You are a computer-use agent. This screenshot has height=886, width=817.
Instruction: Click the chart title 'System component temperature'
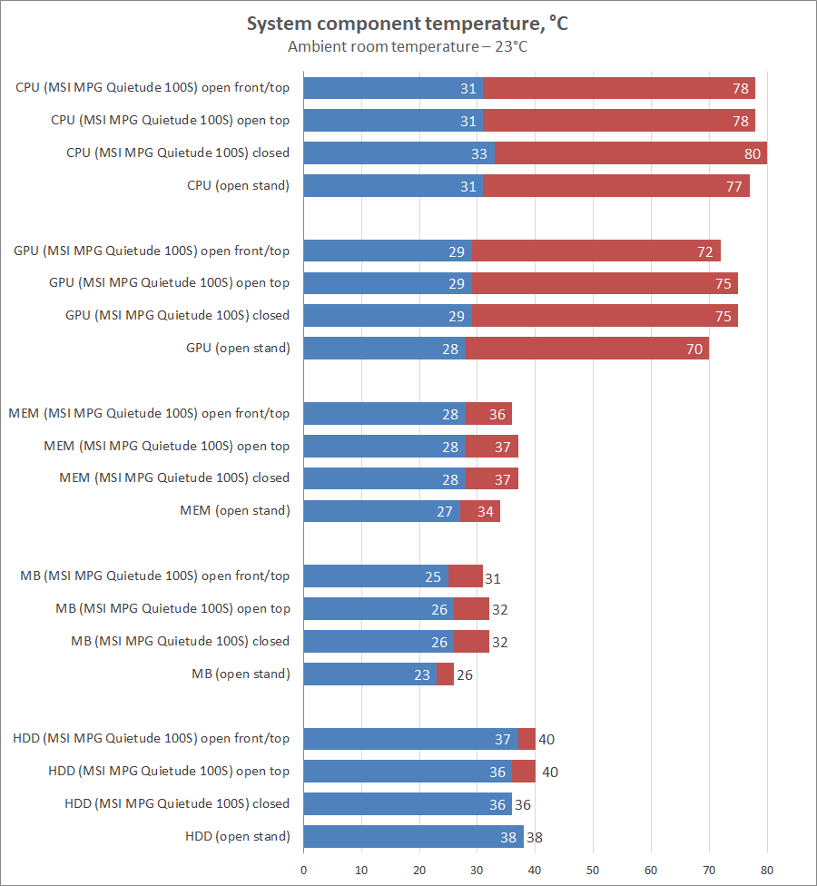pos(408,24)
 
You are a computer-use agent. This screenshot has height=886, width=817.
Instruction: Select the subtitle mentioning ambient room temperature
pos(408,46)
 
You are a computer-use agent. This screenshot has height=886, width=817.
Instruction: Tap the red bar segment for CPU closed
pos(626,153)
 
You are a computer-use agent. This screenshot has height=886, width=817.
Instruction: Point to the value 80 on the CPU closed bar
pos(753,153)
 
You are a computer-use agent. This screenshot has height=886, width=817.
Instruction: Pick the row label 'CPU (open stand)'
pos(238,186)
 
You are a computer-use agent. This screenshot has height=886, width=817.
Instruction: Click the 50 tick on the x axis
pos(593,870)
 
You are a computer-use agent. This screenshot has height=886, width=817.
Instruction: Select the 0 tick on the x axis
pos(303,870)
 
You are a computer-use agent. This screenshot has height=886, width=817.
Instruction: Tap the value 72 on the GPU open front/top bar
pos(705,251)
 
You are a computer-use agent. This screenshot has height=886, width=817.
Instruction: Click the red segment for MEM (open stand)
pos(480,511)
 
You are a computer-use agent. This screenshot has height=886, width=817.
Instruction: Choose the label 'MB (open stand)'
pos(241,674)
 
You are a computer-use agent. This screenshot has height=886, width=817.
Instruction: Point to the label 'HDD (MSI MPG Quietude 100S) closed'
pos(177,803)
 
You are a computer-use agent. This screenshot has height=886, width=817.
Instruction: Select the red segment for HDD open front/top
pos(527,739)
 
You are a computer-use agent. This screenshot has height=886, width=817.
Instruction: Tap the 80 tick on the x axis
pos(767,870)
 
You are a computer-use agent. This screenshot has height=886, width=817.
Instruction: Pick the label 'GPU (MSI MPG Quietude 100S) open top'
pos(170,283)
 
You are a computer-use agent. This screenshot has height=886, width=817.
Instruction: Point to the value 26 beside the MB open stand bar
pos(464,674)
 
